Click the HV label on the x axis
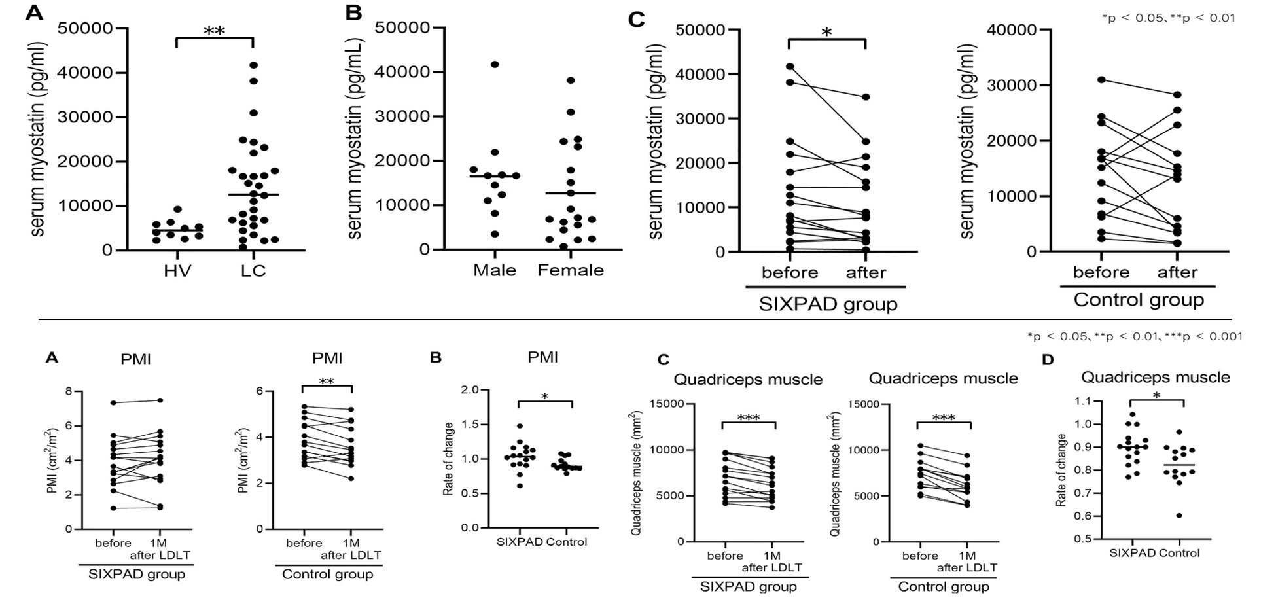tap(177, 271)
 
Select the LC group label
tap(253, 271)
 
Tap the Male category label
tap(495, 270)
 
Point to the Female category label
tap(571, 270)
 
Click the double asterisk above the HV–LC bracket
tap(215, 31)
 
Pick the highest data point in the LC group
tap(254, 65)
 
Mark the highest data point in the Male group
tap(495, 64)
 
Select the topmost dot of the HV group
tap(177, 209)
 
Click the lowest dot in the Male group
tap(495, 234)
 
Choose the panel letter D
tap(1048, 360)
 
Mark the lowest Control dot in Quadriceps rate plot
tap(1179, 516)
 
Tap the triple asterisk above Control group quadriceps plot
tap(944, 417)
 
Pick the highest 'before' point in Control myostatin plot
tap(1102, 80)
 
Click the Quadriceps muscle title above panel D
tap(1156, 378)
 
